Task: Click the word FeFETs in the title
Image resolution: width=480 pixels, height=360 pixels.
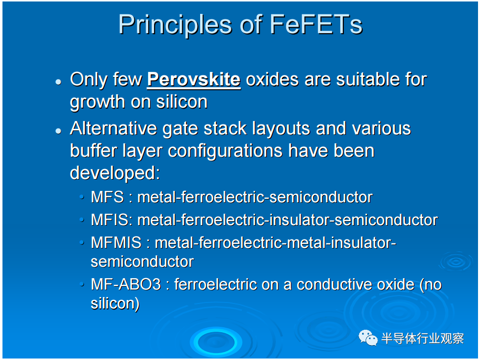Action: click(x=316, y=24)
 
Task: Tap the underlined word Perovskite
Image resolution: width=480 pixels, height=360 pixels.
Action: click(x=194, y=80)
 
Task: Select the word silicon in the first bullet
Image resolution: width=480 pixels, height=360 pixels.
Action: click(x=182, y=102)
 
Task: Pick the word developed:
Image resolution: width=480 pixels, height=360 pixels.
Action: click(x=115, y=174)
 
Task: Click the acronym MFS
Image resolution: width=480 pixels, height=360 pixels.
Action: click(x=107, y=197)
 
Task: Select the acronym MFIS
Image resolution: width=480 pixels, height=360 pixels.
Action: click(x=110, y=220)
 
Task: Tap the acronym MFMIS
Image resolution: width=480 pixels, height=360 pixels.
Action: click(x=116, y=242)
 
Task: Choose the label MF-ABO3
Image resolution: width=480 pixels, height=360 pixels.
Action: click(x=126, y=284)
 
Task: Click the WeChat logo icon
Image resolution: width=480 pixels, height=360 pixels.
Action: click(x=368, y=338)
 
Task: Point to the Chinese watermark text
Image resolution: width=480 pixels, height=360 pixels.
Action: click(x=423, y=339)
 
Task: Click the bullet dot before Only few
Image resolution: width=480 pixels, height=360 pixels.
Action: click(x=58, y=82)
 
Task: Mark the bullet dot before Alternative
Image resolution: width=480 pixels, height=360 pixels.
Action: click(x=58, y=131)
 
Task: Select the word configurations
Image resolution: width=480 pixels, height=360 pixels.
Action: click(x=225, y=151)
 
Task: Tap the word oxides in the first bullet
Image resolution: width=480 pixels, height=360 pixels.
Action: click(x=272, y=80)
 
